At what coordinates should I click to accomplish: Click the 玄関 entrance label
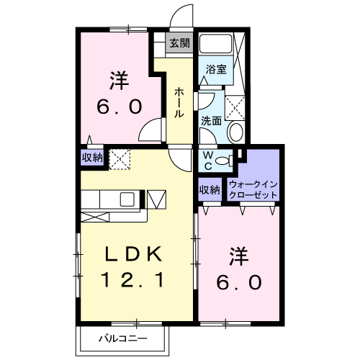click(179, 43)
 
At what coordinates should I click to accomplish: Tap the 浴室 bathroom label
click(217, 70)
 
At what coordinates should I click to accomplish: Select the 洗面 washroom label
click(211, 121)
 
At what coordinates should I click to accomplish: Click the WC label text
click(207, 160)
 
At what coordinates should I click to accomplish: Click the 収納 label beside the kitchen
click(91, 157)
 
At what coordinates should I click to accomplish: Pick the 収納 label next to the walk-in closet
click(210, 190)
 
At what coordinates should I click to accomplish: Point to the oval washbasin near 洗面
click(235, 131)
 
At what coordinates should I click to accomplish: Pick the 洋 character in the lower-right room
click(239, 256)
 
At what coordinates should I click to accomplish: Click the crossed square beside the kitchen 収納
click(118, 157)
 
